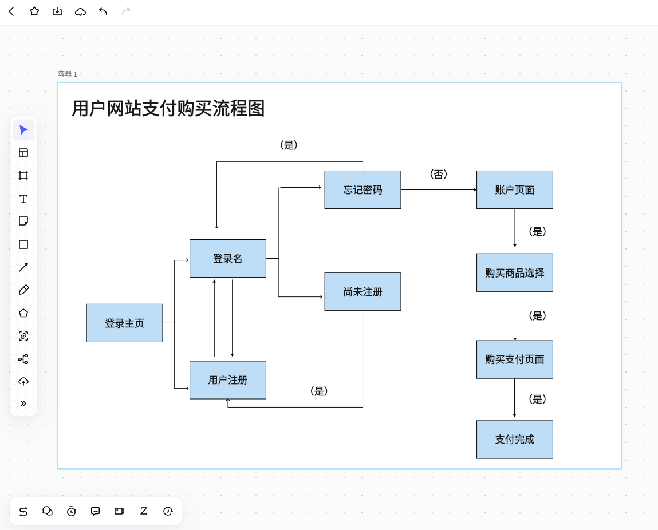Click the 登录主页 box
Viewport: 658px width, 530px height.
tap(124, 323)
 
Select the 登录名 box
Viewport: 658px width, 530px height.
tap(227, 258)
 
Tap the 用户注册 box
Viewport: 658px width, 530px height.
tap(227, 379)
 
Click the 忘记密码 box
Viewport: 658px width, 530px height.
tap(363, 189)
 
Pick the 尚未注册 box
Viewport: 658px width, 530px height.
tap(363, 291)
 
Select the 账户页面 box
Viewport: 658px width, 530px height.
tap(514, 189)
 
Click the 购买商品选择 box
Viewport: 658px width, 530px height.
tap(514, 272)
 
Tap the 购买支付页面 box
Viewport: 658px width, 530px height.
tap(514, 359)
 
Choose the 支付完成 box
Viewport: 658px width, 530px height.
tap(514, 439)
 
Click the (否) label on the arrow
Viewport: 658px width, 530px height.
tap(438, 175)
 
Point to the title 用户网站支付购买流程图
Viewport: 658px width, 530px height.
tap(168, 108)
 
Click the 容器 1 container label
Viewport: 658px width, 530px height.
tap(67, 74)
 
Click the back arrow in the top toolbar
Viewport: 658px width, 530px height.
tap(11, 11)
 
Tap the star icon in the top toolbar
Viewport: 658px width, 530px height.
tap(34, 11)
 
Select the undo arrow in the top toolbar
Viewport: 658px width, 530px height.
tap(103, 11)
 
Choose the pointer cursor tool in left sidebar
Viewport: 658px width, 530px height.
tap(23, 130)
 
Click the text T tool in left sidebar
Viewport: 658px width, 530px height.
tap(23, 199)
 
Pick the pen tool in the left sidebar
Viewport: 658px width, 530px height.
tap(23, 290)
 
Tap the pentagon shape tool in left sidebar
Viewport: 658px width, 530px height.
tap(23, 313)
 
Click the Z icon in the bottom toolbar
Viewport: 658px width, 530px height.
tap(144, 511)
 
